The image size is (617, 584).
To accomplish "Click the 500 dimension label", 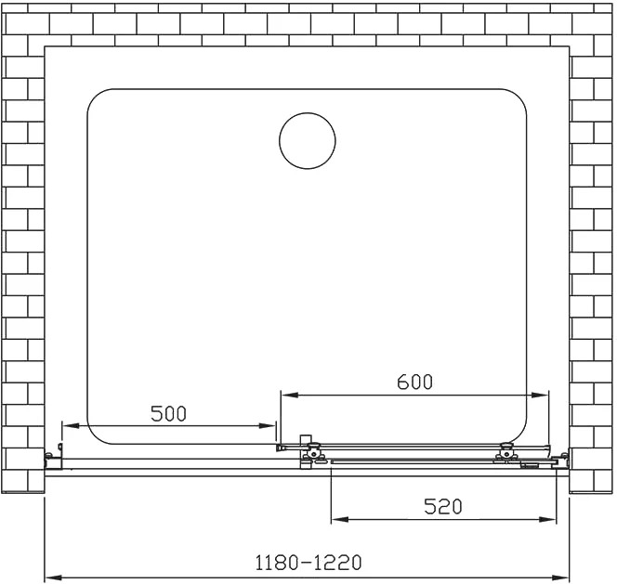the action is (168, 413).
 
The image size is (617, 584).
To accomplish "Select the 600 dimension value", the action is (414, 382).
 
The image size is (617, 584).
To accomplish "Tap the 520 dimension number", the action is (442, 507).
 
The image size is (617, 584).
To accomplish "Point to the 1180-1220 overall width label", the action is (308, 563).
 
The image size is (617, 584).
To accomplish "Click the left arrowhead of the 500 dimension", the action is (71, 425).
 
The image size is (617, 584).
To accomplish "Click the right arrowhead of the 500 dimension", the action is (267, 425).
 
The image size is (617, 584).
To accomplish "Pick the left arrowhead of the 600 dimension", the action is (290, 395).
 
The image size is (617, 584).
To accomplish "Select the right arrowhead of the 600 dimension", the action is (540, 395).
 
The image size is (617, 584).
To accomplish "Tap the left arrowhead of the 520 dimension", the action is (340, 520).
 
